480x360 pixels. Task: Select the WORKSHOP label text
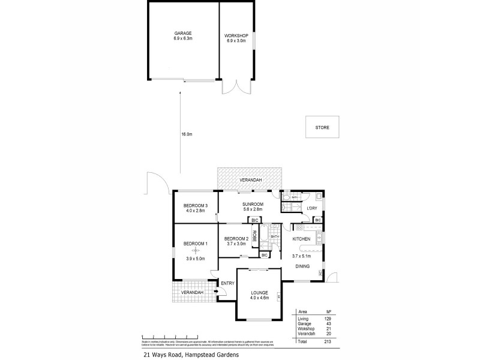[x=236, y=35]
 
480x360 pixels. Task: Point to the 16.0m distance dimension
[x=186, y=134]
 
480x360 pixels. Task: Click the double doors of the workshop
[x=236, y=87]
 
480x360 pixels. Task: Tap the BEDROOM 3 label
[x=196, y=206]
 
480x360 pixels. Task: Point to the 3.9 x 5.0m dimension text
[x=195, y=259]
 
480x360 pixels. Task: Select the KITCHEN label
[x=301, y=239]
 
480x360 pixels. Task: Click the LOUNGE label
[x=259, y=292]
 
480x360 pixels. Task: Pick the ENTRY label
[x=227, y=283]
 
